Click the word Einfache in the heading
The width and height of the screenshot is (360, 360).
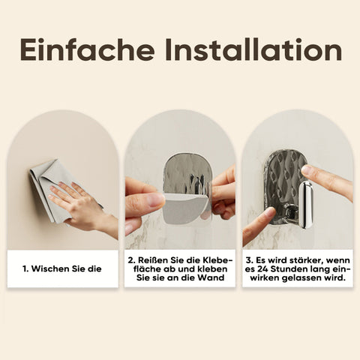87,49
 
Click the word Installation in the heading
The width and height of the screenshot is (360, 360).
253,49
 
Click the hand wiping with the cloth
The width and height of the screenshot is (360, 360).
82,205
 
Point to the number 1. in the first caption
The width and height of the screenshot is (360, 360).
25,269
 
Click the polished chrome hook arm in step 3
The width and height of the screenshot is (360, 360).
305,205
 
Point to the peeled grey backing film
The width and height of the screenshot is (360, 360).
184,207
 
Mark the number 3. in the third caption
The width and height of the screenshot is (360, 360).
249,260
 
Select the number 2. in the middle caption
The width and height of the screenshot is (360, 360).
131,260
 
